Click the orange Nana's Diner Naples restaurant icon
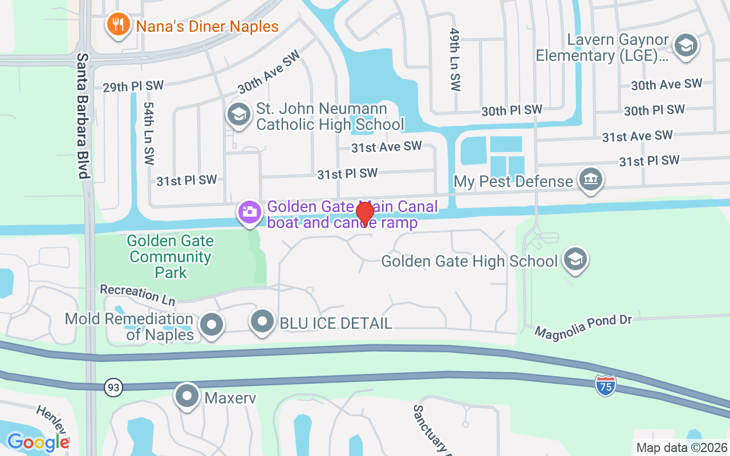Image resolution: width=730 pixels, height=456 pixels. pos(118,26)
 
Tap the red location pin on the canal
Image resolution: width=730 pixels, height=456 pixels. pos(364,213)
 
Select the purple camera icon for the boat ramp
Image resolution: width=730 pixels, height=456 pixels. pos(249,213)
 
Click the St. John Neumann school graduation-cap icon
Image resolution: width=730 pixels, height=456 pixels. pos(239,115)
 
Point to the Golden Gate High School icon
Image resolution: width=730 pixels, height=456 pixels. pos(575,259)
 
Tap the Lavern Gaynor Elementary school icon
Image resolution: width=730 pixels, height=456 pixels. pos(686,46)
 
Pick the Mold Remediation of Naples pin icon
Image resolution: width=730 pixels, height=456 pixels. pos(212,325)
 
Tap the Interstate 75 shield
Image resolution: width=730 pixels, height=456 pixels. pos(605,386)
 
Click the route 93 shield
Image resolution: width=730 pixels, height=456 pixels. pos(113,388)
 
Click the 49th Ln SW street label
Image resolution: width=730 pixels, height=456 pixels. pos(455,60)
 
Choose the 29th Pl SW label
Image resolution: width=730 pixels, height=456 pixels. pos(133,86)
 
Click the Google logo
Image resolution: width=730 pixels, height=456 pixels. pos(38,442)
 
